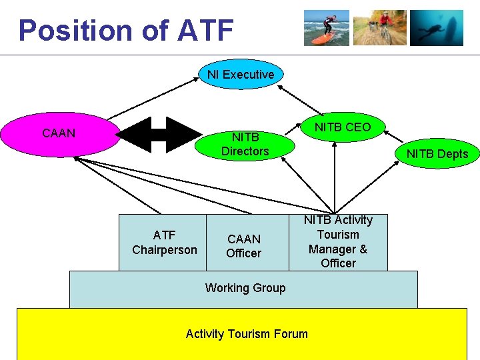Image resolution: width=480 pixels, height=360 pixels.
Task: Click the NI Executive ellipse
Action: [x=241, y=75]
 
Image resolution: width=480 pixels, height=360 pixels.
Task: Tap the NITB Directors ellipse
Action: [x=245, y=144]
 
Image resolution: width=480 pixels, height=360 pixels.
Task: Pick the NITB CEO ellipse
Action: [x=343, y=127]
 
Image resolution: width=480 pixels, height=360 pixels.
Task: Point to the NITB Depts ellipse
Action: [x=437, y=154]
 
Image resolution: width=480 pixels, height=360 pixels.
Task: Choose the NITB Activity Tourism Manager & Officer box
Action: [x=338, y=241]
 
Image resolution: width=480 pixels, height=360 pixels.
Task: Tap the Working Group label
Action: [x=245, y=288]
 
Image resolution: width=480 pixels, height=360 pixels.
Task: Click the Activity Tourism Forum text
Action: [x=247, y=334]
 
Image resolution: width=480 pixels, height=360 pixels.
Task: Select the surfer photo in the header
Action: [x=327, y=28]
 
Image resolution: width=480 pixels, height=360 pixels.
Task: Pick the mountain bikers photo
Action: [x=380, y=28]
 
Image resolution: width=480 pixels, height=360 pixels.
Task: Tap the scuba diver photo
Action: [x=436, y=28]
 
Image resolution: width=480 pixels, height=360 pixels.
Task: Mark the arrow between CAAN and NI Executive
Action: [x=151, y=100]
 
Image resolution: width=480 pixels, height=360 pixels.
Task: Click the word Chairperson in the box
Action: [x=165, y=250]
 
